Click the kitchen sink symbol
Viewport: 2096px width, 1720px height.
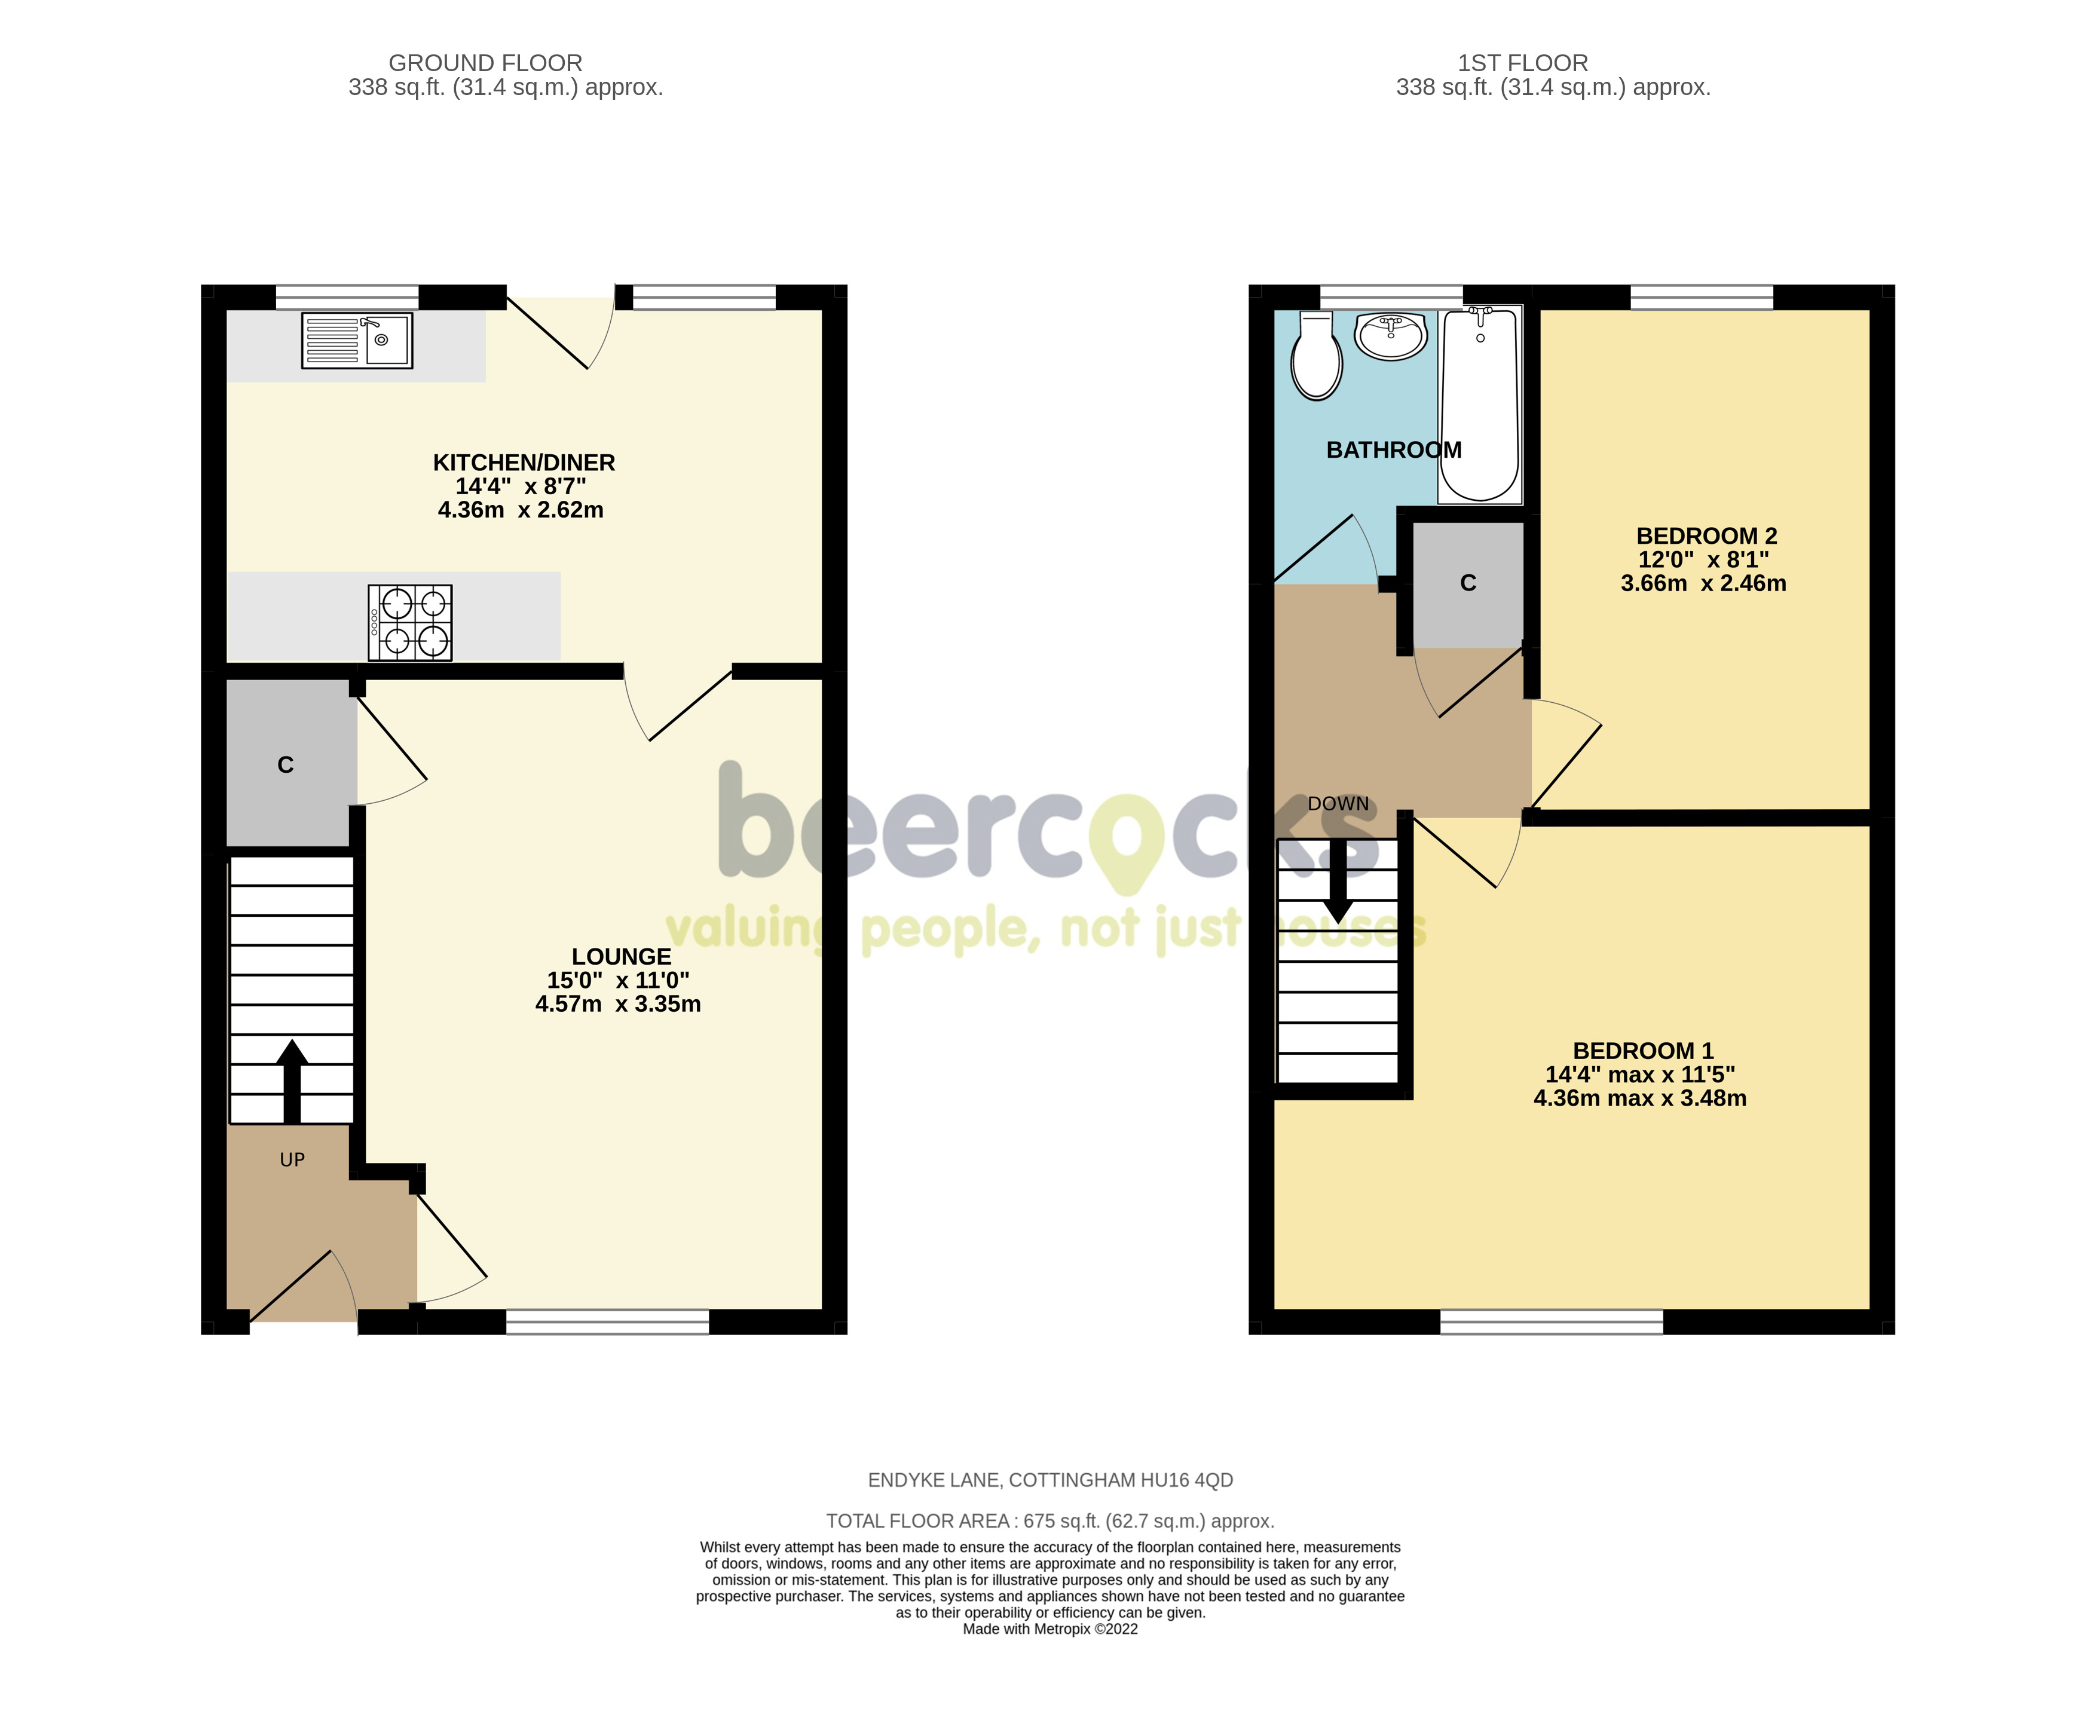357,341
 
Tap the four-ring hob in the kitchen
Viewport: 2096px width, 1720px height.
410,622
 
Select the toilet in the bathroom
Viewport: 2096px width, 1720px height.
1317,357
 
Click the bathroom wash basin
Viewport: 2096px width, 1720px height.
1391,336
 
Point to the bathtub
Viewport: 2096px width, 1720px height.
1480,404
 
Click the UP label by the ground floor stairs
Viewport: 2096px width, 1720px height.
292,1160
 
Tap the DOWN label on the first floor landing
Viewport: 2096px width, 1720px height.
1338,804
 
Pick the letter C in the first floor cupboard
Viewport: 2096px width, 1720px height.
1468,583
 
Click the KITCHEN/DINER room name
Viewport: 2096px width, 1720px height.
524,463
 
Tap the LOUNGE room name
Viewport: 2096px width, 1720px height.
621,956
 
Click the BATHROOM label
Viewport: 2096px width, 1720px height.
1394,450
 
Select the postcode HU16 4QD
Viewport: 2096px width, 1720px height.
1187,1480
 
